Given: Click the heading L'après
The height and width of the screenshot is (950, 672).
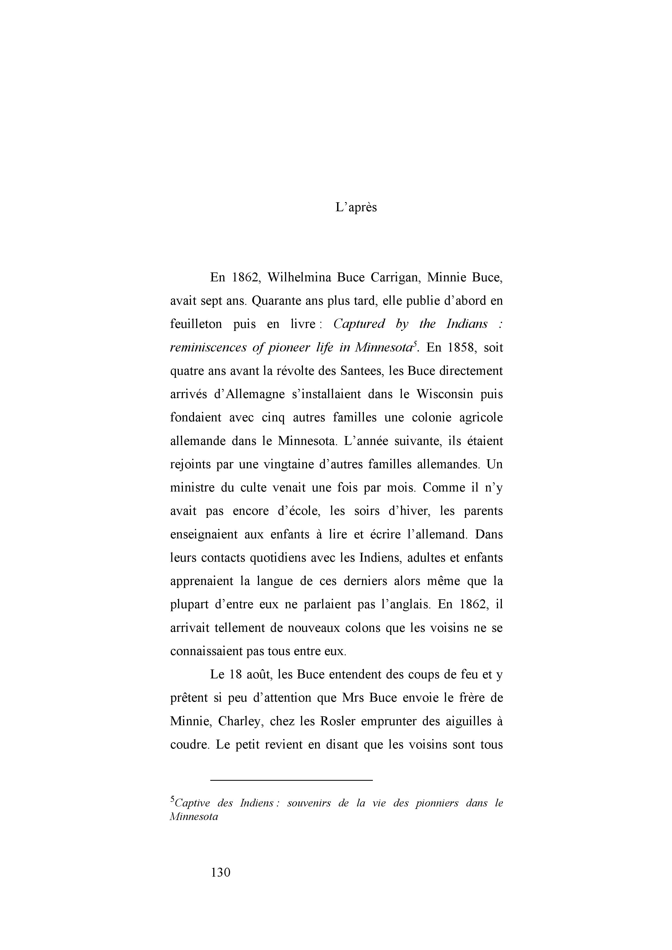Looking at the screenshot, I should click(356, 207).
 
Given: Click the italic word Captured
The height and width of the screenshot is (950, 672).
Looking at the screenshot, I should click(358, 324).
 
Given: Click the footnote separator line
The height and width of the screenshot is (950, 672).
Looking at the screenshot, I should click(292, 780).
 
